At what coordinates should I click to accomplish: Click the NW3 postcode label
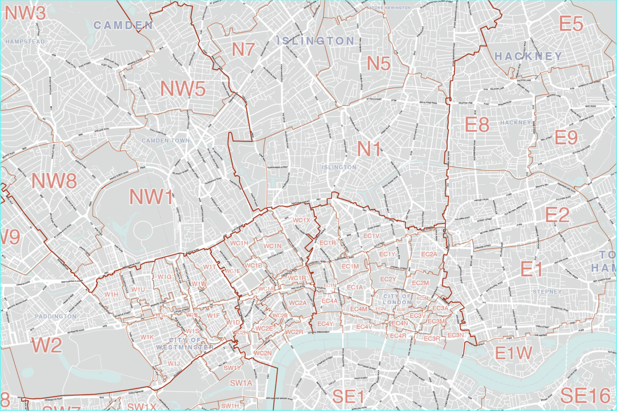[25, 13]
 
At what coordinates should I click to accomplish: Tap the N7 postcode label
[243, 50]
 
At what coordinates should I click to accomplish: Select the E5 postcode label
[571, 24]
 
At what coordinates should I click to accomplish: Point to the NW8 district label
[54, 181]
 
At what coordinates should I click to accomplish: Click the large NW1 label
[151, 197]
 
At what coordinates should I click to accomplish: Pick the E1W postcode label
[513, 353]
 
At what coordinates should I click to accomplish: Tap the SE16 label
[585, 396]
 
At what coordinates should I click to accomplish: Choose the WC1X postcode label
[301, 220]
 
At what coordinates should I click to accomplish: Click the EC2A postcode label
[429, 254]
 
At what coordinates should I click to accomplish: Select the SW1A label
[241, 383]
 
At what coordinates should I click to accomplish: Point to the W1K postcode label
[147, 337]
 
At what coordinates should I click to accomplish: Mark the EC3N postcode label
[456, 335]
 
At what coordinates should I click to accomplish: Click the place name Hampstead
[25, 42]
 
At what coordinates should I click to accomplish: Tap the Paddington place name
[55, 316]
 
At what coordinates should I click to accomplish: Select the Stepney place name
[547, 292]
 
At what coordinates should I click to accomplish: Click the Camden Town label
[165, 141]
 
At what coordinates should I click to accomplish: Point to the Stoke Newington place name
[390, 8]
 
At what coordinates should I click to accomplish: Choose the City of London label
[397, 299]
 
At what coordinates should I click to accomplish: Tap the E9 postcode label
[566, 138]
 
